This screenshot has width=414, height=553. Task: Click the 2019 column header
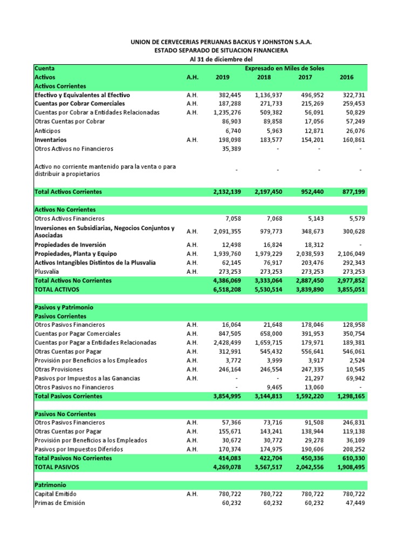coord(222,77)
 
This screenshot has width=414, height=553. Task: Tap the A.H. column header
coord(192,77)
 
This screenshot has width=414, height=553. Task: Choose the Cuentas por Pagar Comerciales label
coord(78,334)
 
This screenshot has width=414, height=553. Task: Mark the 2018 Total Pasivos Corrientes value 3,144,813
coord(267,396)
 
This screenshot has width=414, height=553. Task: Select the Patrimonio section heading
coord(50,485)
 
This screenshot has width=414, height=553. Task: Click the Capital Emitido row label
coord(56,494)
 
